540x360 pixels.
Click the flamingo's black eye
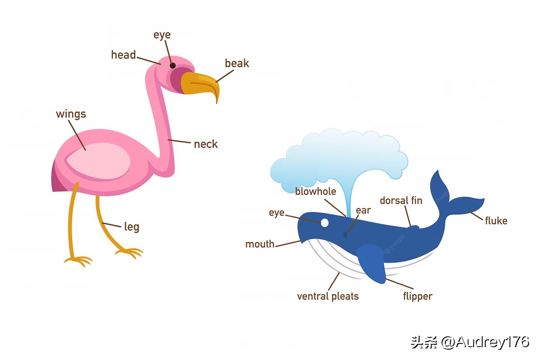pyautogui.click(x=173, y=66)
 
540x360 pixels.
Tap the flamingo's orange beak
pyautogui.click(x=198, y=84)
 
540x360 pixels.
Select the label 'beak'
pyautogui.click(x=237, y=63)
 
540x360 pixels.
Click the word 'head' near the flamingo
pyautogui.click(x=123, y=55)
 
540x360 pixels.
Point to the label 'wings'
pyautogui.click(x=71, y=114)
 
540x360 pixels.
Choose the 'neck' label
pyautogui.click(x=206, y=144)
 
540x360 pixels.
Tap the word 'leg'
pyautogui.click(x=131, y=226)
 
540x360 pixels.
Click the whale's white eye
pyautogui.click(x=324, y=222)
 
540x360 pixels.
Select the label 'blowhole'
pyautogui.click(x=315, y=192)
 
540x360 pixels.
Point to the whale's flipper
pyautogui.click(x=373, y=263)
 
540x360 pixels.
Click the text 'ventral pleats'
pyautogui.click(x=328, y=296)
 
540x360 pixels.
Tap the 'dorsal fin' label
pyautogui.click(x=401, y=200)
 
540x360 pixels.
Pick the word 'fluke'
pyautogui.click(x=496, y=220)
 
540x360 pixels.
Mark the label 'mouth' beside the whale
pyautogui.click(x=260, y=244)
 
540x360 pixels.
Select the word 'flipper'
pyautogui.click(x=418, y=296)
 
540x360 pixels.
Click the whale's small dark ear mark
pyautogui.click(x=345, y=234)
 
